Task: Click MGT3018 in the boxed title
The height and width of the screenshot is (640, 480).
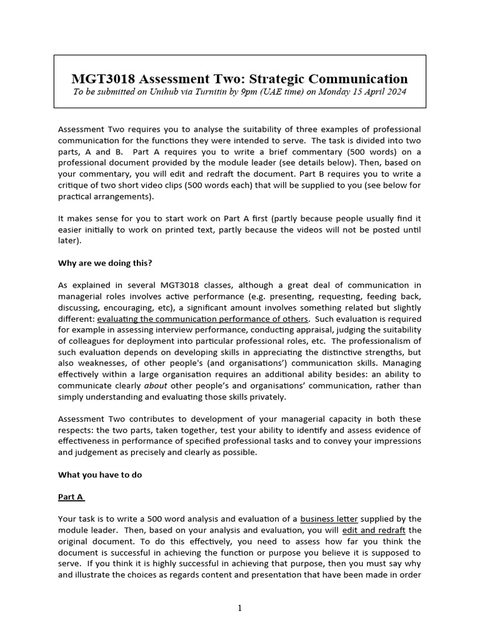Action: (x=102, y=79)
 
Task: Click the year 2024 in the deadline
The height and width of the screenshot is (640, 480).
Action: (x=393, y=92)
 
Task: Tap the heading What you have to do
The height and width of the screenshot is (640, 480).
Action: (x=100, y=474)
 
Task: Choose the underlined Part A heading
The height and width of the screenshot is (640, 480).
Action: (x=71, y=497)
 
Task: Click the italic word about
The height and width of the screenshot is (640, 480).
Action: (x=156, y=385)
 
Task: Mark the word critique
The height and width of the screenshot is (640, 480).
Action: (x=77, y=185)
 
